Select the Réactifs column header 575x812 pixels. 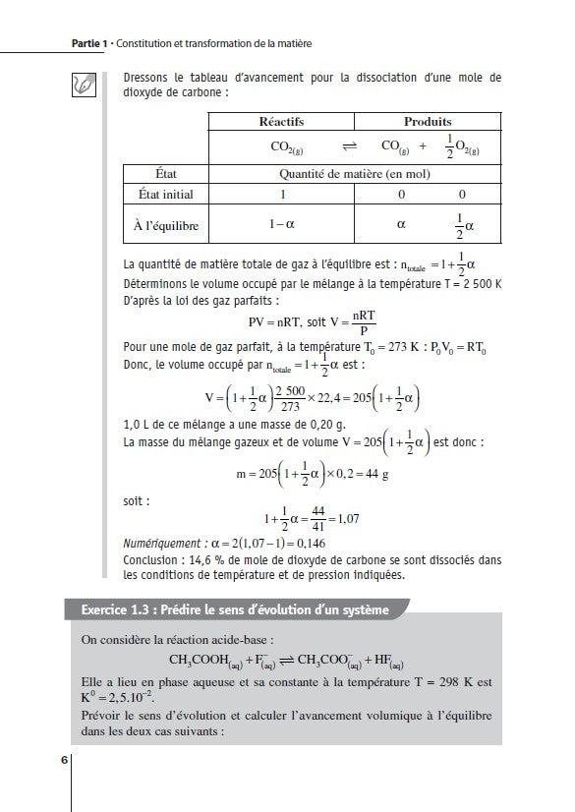click(x=281, y=121)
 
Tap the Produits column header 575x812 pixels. click(x=428, y=121)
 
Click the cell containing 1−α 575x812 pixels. click(x=282, y=225)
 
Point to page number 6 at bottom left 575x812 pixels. click(x=65, y=760)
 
